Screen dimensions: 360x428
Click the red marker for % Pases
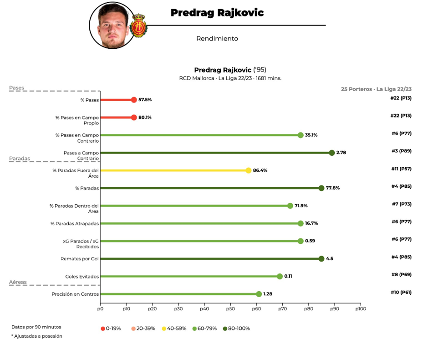tap(134, 100)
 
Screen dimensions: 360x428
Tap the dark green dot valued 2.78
tap(332, 153)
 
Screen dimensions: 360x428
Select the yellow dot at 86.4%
tap(249, 170)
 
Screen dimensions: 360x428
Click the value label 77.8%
tap(333, 188)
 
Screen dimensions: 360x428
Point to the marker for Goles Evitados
tap(280, 276)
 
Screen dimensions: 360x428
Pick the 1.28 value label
tap(268, 294)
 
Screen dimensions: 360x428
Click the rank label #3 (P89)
tap(401, 151)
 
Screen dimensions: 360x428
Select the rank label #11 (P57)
tap(401, 169)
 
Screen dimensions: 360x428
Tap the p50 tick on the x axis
tap(230, 309)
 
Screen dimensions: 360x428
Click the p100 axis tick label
tap(360, 309)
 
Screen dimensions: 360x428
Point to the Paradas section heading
tap(20, 159)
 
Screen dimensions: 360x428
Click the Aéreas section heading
tap(18, 282)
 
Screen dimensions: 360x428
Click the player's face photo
tap(112, 25)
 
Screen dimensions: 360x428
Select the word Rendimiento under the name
tap(217, 39)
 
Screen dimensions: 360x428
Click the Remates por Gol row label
tap(79, 259)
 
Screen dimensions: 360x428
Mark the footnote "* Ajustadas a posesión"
tap(37, 336)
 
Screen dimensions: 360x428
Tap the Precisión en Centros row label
tap(75, 294)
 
